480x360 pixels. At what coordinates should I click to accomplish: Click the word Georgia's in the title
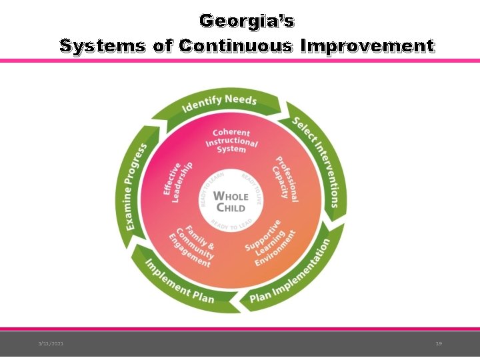tap(247, 21)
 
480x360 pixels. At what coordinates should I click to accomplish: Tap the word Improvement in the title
tap(367, 46)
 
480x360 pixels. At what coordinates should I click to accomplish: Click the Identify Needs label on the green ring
tap(219, 103)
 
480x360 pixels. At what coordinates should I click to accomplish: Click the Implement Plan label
tap(179, 281)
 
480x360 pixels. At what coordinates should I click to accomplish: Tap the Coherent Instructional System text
tap(231, 141)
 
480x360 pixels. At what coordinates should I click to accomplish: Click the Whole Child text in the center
tap(230, 201)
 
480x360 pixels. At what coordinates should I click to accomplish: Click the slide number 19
tap(438, 343)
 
